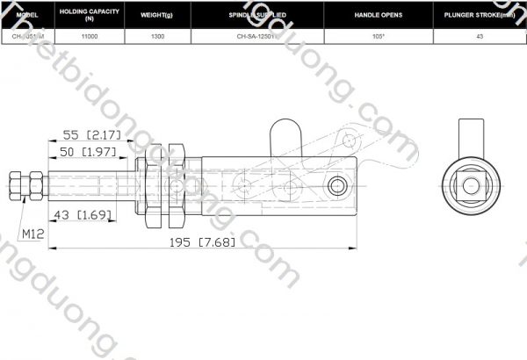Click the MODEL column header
(x=27, y=16)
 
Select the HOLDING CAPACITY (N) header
(x=89, y=16)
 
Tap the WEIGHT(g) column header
(x=158, y=16)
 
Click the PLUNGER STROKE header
(x=480, y=16)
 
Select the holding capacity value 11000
(x=89, y=37)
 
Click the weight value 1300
(x=158, y=37)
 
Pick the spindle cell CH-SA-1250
(x=256, y=37)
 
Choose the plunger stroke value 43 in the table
(x=480, y=37)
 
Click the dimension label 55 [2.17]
(x=91, y=135)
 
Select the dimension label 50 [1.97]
(x=90, y=153)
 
